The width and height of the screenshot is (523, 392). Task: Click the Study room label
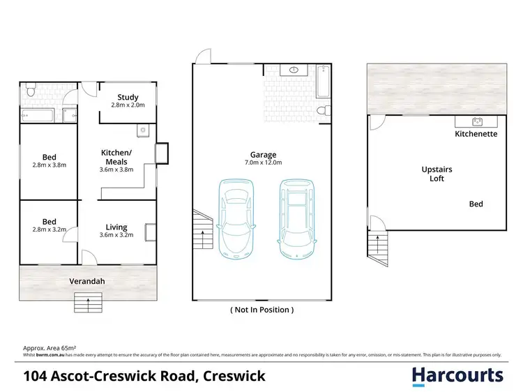(128, 97)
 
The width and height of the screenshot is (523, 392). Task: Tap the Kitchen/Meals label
(116, 157)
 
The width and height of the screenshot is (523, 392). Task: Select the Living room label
(116, 227)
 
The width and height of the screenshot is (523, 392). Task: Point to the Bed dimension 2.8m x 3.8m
(49, 166)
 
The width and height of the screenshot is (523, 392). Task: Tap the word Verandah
(87, 282)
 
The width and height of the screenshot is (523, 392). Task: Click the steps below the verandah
(88, 303)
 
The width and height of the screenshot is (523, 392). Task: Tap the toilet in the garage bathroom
(321, 111)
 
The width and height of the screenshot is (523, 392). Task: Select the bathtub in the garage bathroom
(321, 82)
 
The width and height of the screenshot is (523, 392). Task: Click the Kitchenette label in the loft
(476, 133)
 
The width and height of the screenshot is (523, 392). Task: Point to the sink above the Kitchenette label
(478, 121)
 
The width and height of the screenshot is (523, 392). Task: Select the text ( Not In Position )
(261, 309)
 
